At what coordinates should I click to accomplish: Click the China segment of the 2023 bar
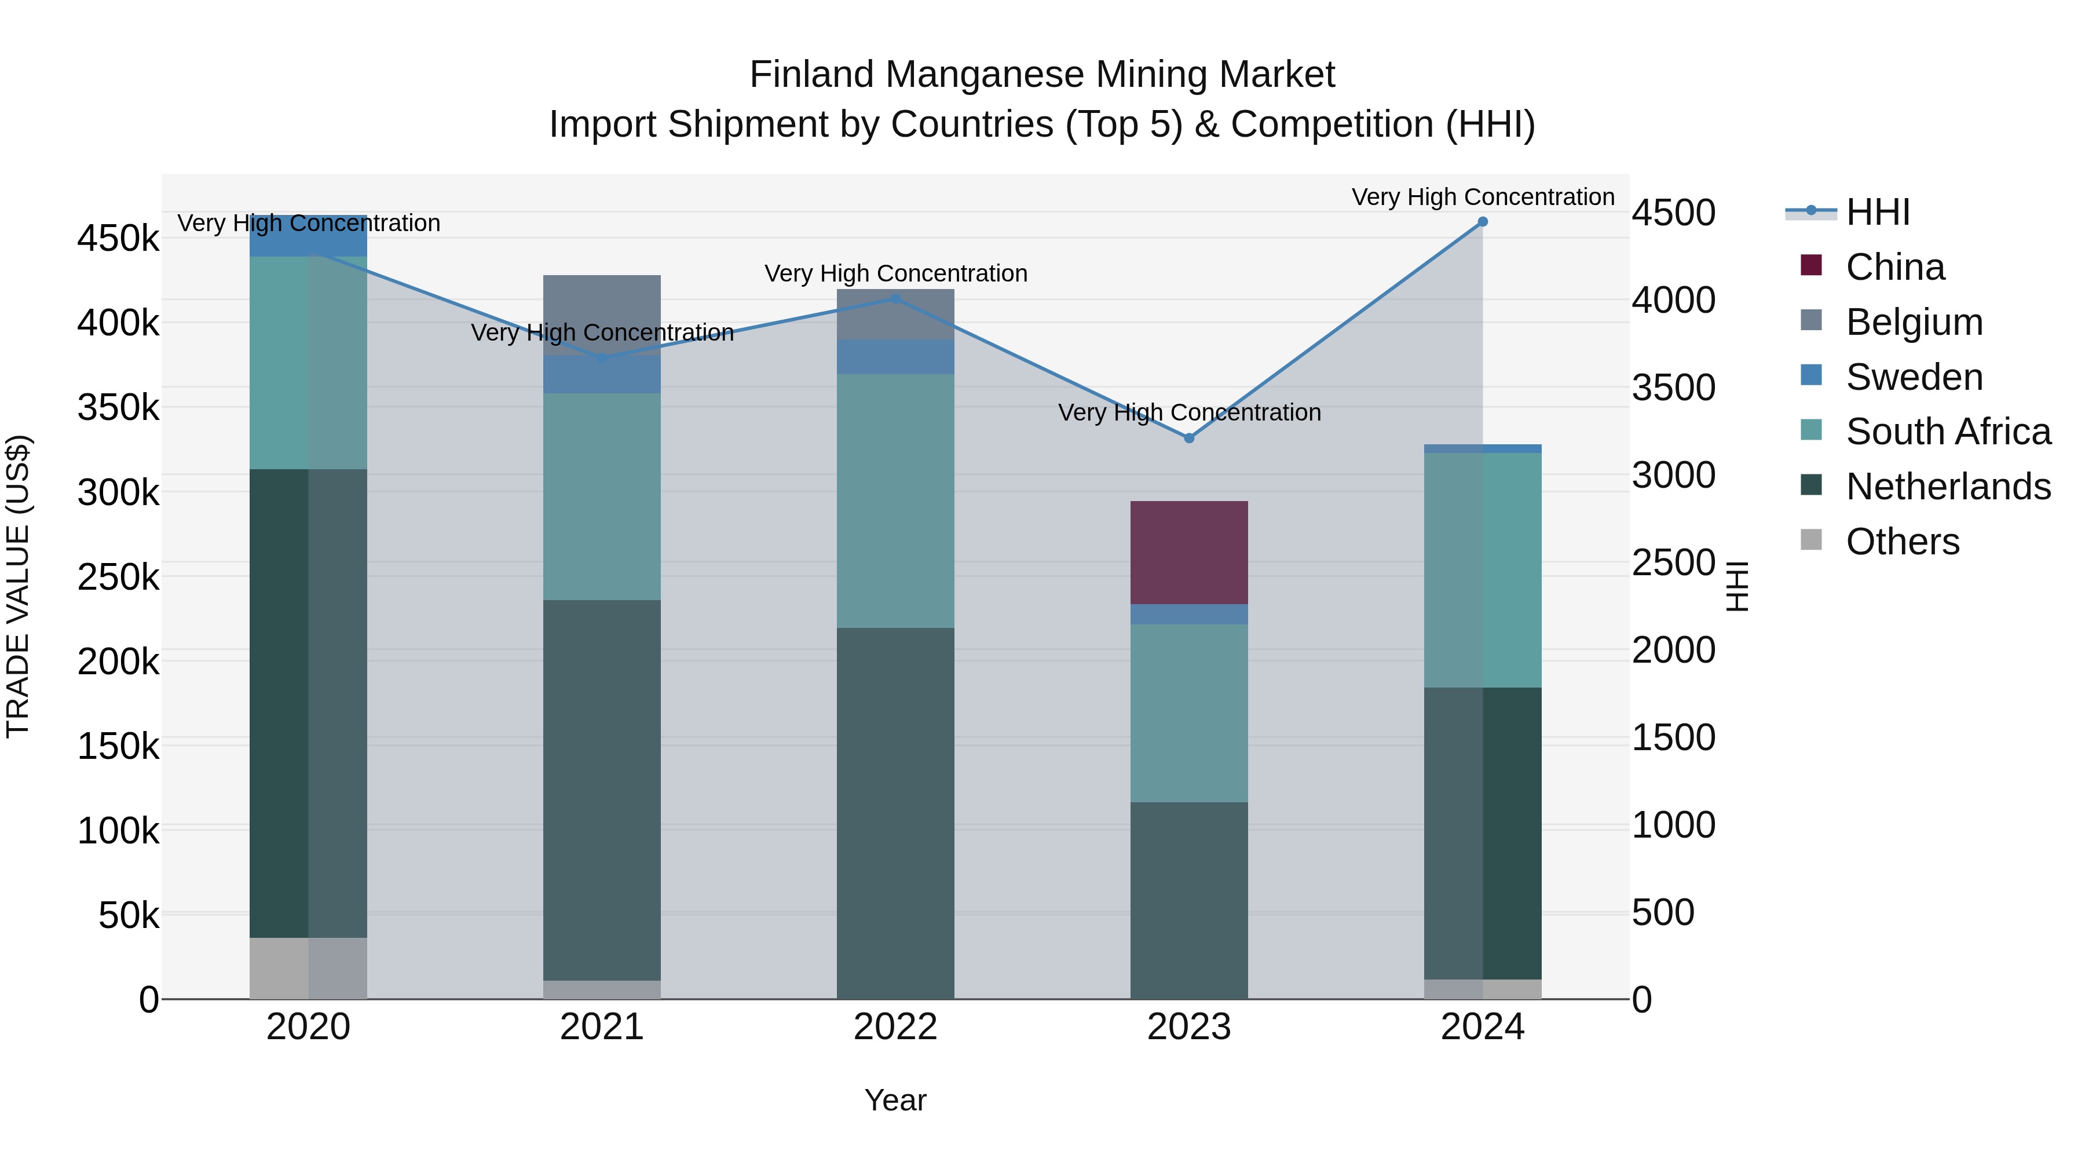coord(1188,552)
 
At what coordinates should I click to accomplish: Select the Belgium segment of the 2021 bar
coord(601,314)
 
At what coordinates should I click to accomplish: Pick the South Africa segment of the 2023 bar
coord(1188,712)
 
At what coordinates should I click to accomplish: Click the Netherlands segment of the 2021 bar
coord(601,790)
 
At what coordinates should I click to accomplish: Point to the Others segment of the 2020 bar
coord(308,967)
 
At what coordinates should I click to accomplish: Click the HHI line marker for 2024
coord(1482,222)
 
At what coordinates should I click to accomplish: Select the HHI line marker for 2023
coord(1188,438)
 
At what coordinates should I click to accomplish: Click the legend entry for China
coord(1894,267)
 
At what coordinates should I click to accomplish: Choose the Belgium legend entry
coord(1914,322)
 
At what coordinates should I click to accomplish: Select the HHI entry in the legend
coord(1877,212)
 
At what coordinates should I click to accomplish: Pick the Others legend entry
coord(1901,542)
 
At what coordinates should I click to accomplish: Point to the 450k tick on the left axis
coord(118,239)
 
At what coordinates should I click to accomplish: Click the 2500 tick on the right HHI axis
coord(1672,562)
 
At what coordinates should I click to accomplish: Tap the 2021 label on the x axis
coord(601,1027)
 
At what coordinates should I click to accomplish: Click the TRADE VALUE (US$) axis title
coord(18,586)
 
